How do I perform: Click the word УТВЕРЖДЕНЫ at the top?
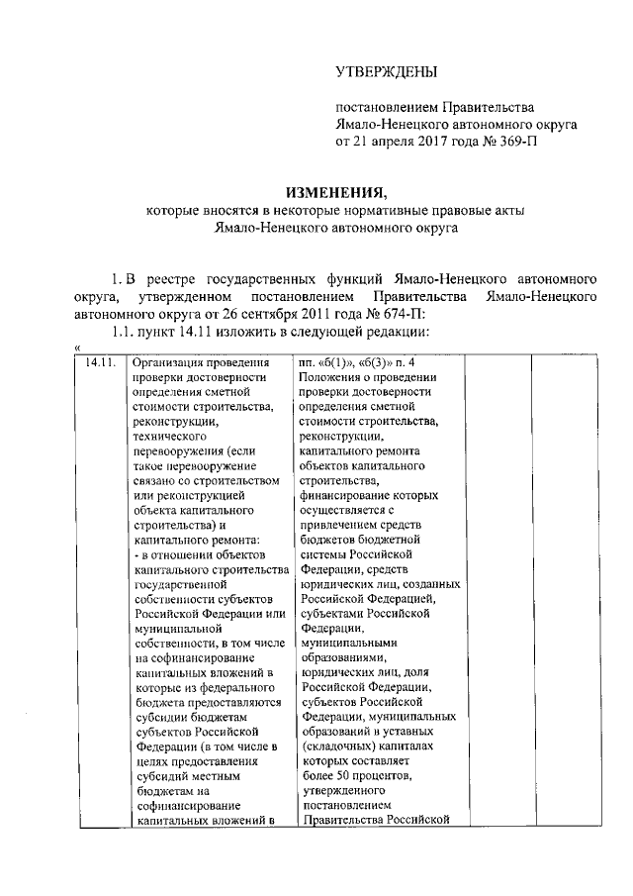tap(385, 70)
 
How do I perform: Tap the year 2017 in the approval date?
tap(425, 142)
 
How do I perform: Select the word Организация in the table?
tap(169, 363)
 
